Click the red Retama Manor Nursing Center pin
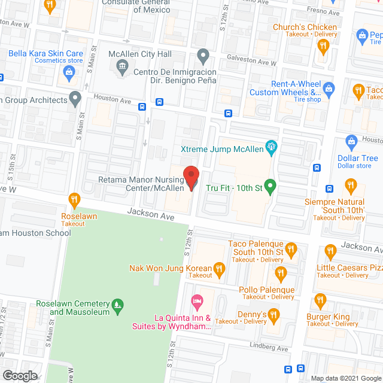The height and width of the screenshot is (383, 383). (191, 178)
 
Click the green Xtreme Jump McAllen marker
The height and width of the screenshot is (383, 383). (273, 145)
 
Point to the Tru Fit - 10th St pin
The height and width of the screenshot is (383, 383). (270, 187)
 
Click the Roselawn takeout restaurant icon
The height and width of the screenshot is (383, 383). (74, 199)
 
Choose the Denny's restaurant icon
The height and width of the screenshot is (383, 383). (273, 314)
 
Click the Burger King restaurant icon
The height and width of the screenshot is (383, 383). (320, 300)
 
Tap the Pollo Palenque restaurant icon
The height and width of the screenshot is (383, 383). (281, 274)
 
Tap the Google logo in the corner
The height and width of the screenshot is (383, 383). (19, 375)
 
